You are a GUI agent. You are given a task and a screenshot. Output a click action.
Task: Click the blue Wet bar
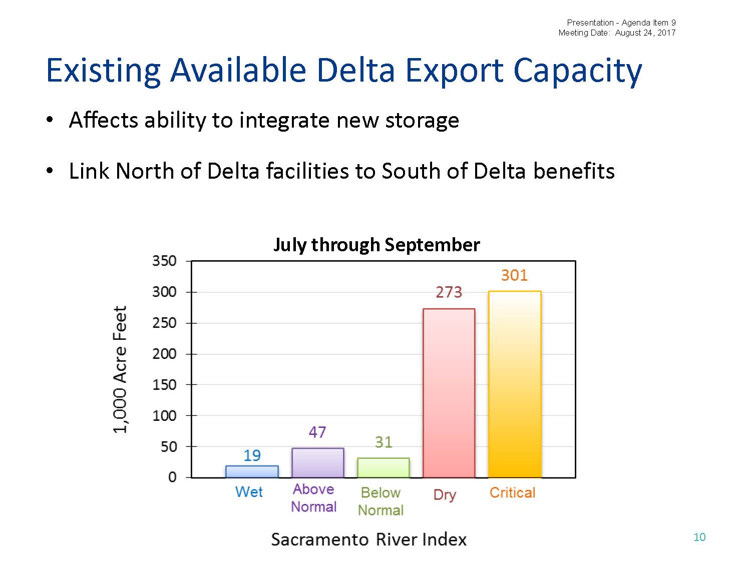[x=252, y=471]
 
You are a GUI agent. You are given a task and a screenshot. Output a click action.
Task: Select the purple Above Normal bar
[x=317, y=462]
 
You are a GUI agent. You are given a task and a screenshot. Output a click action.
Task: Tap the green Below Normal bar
[x=383, y=467]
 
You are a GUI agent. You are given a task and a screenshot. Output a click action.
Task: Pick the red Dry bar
[x=449, y=393]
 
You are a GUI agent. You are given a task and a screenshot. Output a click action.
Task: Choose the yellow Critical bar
[x=514, y=384]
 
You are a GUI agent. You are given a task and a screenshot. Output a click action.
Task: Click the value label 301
[x=514, y=275]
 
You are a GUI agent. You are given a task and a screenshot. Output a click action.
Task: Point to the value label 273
[x=449, y=292]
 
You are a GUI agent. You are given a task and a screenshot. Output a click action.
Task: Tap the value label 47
[x=317, y=432]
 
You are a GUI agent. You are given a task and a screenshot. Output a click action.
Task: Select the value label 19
[x=252, y=455]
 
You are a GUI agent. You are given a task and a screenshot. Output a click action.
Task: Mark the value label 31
[x=383, y=442]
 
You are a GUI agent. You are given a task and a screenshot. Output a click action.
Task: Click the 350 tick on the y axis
[x=164, y=261]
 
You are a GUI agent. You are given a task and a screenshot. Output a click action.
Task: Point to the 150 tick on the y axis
[x=164, y=384]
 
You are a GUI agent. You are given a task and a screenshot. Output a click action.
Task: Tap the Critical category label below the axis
[x=512, y=492]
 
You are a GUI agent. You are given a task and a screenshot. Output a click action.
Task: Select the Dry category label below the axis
[x=445, y=494]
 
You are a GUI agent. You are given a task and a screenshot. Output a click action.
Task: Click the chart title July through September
[x=377, y=245]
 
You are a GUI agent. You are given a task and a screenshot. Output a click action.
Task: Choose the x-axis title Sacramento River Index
[x=368, y=539]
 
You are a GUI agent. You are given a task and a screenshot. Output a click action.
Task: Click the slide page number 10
[x=699, y=537]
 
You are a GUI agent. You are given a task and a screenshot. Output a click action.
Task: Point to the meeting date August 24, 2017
[x=645, y=33]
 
